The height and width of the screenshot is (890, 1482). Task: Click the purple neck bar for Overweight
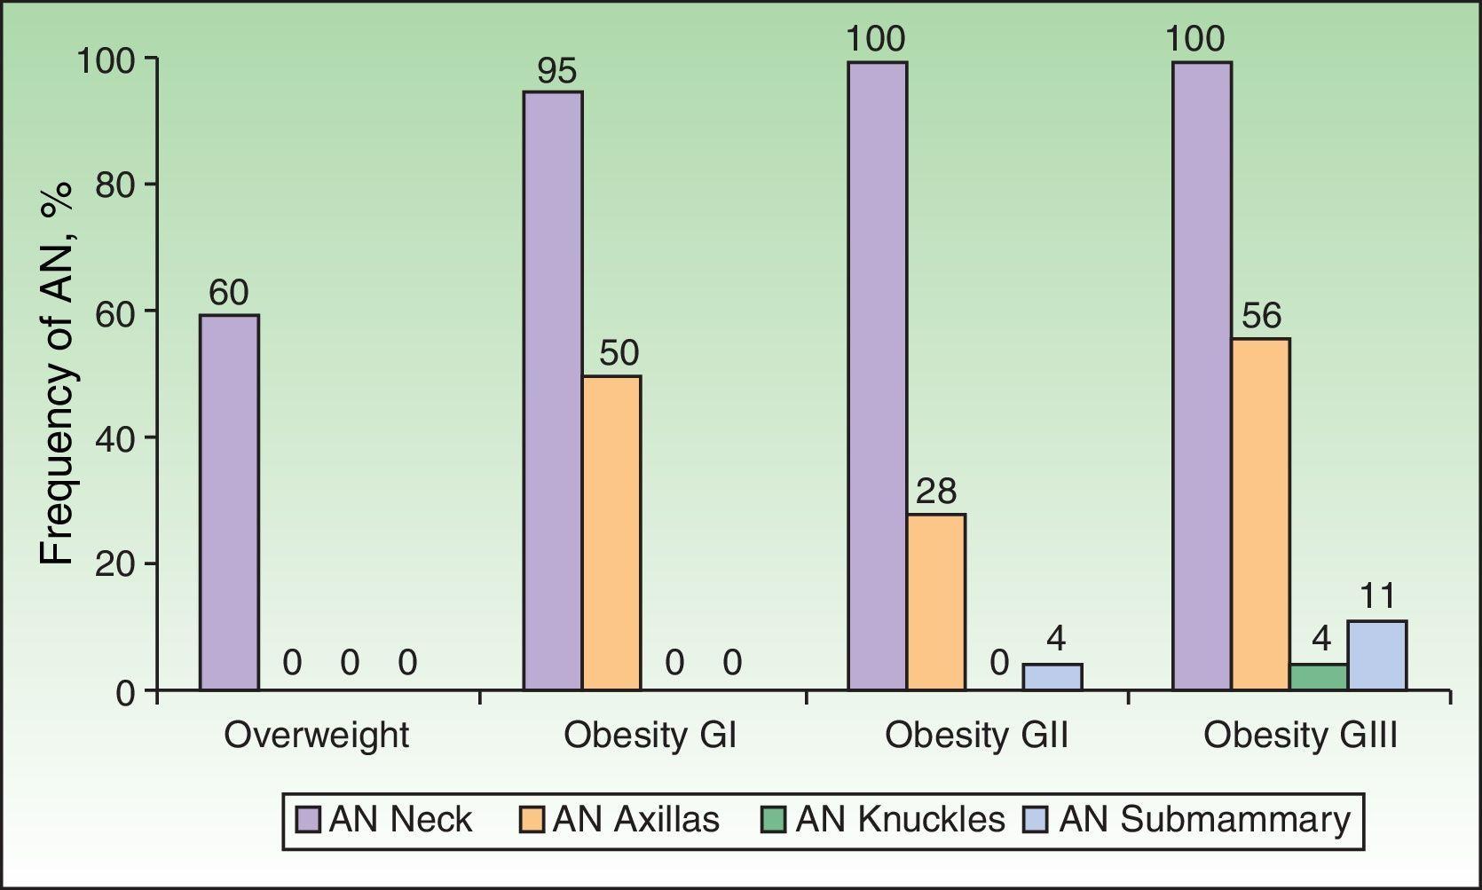(x=229, y=502)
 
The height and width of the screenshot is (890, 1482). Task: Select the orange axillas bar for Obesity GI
(x=611, y=532)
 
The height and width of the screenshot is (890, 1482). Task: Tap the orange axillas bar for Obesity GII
(x=936, y=602)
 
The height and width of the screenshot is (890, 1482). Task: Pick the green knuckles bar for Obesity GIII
(x=1318, y=677)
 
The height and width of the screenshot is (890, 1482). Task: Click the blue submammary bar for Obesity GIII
(x=1376, y=656)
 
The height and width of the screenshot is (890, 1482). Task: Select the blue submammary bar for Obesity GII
(x=1052, y=677)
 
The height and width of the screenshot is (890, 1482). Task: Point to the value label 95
(x=556, y=71)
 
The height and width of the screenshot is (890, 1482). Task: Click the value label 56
(x=1261, y=316)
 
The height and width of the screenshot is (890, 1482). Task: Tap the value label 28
(x=936, y=492)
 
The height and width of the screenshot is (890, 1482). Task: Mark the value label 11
(x=1377, y=596)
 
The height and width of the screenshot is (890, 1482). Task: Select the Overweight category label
(x=316, y=736)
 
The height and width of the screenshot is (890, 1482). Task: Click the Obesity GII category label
(x=976, y=736)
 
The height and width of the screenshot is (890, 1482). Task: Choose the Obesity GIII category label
(x=1300, y=736)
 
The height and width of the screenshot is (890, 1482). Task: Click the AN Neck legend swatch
(x=308, y=819)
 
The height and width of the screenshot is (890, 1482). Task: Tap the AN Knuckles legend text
(x=900, y=819)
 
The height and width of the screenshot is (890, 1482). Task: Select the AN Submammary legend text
(x=1204, y=819)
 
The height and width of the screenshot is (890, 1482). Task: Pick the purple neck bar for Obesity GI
(x=553, y=390)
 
